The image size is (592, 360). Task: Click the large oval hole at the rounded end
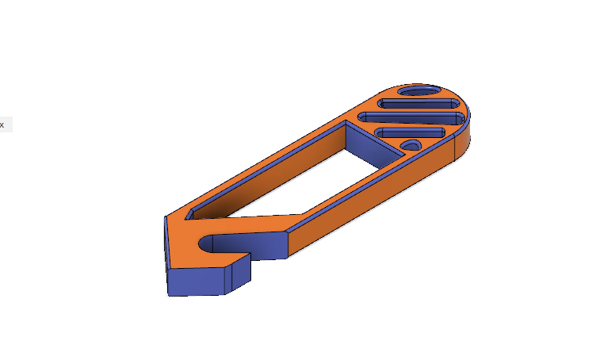tap(420, 92)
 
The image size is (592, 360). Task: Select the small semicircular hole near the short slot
tap(411, 145)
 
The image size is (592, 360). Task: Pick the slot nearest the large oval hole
tap(418, 104)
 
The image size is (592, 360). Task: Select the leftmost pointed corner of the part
tap(164, 216)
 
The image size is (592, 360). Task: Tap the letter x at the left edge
tap(2, 124)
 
